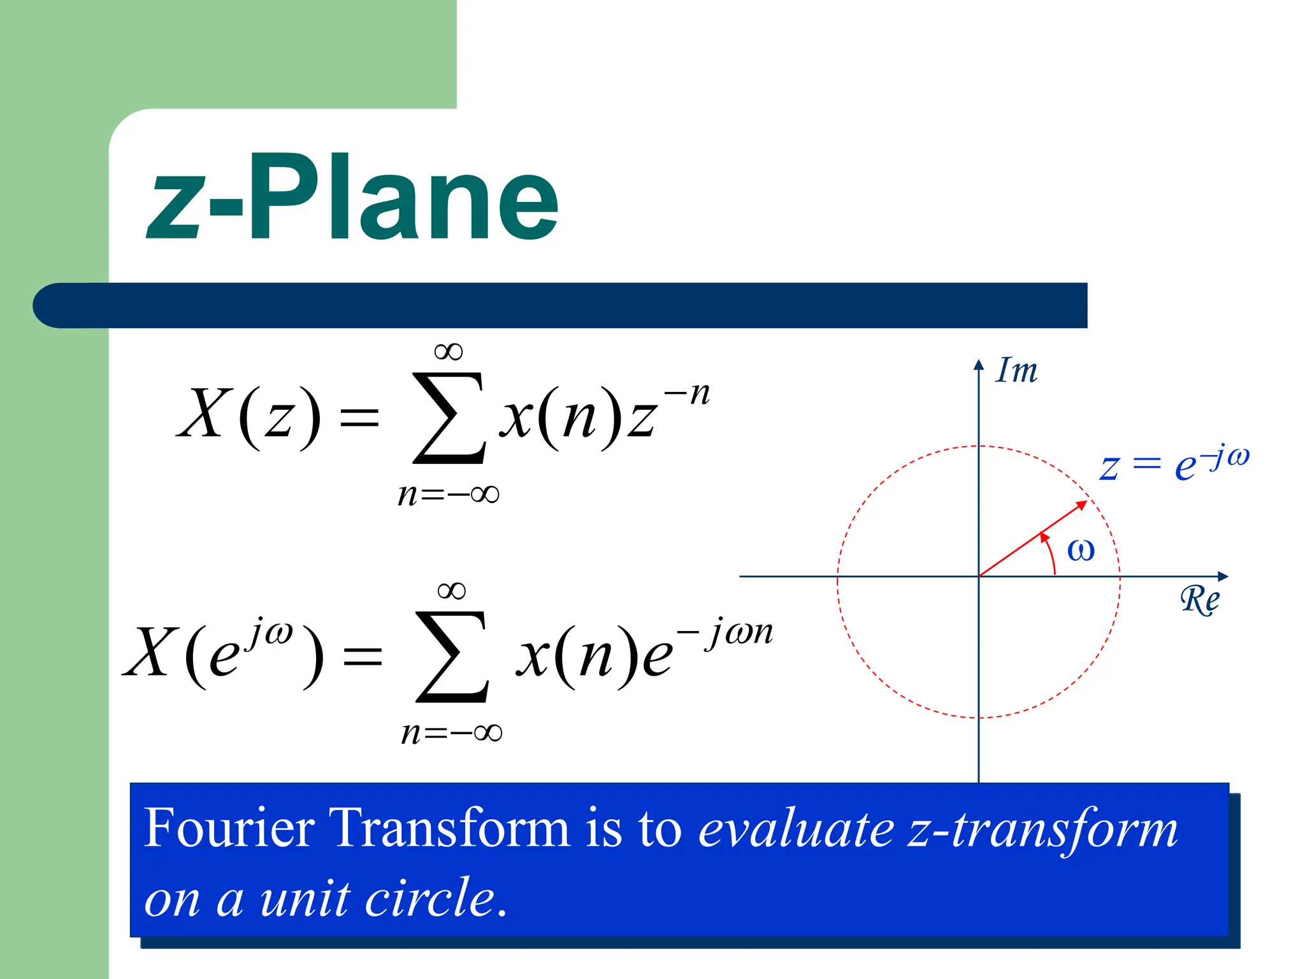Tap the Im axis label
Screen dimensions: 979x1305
1016,370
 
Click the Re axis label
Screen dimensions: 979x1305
1199,600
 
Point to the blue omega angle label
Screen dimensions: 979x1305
1081,550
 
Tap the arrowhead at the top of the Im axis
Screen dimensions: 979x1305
979,365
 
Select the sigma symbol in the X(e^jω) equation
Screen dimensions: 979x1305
452,656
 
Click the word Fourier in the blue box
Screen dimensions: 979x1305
229,829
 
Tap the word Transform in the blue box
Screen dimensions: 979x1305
449,829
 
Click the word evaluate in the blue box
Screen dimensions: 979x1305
797,830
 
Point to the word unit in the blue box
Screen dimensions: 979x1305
305,899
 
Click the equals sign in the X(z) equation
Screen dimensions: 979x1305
359,419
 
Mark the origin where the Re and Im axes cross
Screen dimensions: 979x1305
979,576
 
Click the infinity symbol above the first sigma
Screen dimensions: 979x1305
448,351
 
